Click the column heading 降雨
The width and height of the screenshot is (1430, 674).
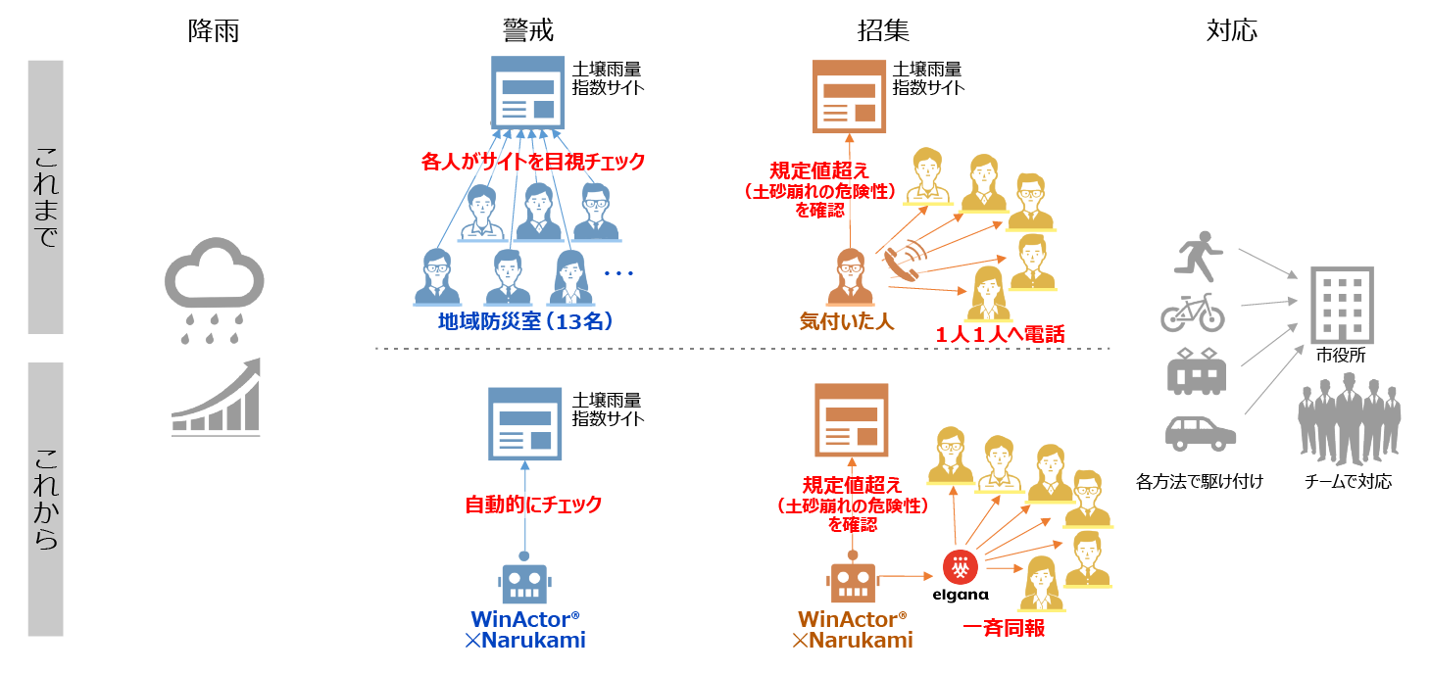213,31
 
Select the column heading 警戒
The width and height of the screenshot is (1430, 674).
528,31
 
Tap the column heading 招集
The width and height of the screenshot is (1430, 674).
883,31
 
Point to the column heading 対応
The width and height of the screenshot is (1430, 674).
1232,31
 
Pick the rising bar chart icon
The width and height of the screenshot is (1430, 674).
216,397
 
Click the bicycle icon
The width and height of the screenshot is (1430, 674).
1193,313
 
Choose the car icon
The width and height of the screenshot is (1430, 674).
1200,431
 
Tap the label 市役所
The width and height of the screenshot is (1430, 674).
1339,356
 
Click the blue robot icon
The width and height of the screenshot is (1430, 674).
524,582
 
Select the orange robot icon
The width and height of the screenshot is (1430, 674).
851,582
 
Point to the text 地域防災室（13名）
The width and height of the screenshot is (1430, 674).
526,321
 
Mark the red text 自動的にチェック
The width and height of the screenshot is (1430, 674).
532,505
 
